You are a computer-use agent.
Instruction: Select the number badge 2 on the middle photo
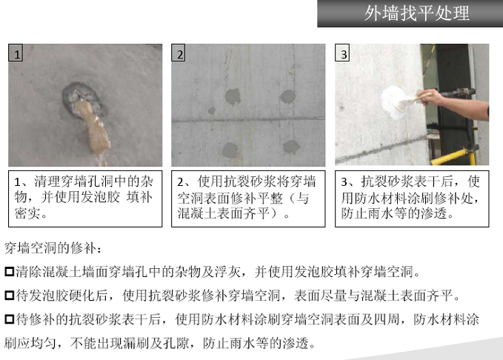(x=180, y=53)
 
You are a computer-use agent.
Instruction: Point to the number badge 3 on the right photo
(x=343, y=53)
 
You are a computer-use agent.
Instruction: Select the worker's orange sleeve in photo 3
(x=482, y=104)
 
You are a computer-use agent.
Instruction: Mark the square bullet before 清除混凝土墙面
(x=9, y=271)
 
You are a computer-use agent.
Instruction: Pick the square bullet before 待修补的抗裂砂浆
(x=9, y=320)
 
